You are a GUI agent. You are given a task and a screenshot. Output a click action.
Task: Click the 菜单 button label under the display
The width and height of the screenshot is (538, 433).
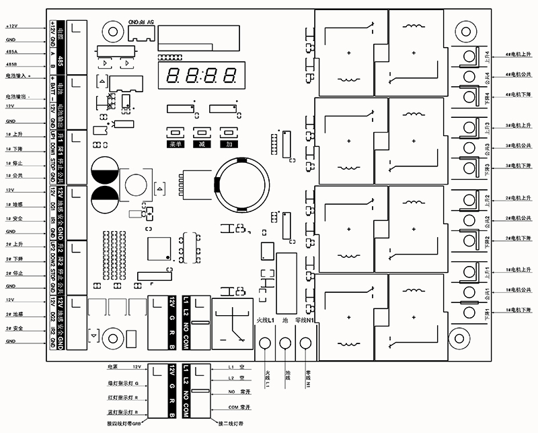(176, 144)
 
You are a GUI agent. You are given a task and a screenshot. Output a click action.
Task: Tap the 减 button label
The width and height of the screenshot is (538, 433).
(200, 144)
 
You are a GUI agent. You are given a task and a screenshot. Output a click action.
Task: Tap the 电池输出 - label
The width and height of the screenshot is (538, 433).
(18, 97)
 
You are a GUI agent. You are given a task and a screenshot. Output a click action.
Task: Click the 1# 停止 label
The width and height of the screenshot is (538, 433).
(14, 163)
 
